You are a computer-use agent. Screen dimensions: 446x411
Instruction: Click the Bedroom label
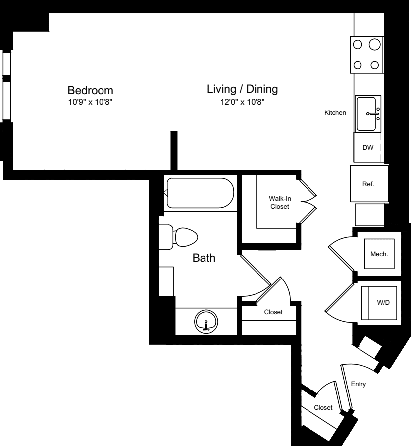90,91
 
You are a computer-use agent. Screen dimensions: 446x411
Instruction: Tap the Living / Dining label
242,89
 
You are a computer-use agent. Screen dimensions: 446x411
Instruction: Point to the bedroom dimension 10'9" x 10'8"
90,102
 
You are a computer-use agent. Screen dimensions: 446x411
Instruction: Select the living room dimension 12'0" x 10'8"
242,102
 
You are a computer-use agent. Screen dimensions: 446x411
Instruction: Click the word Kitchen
335,113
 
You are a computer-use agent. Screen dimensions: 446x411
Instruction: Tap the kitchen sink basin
367,114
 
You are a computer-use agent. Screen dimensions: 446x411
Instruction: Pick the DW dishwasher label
367,148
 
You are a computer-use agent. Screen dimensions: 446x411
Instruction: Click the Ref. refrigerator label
368,184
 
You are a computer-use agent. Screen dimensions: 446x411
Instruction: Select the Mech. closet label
379,254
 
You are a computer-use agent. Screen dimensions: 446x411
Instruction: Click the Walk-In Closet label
279,202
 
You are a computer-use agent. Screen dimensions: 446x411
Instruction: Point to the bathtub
200,193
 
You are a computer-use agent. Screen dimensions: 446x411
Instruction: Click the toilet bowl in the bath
185,237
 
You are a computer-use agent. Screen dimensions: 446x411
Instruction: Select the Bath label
204,258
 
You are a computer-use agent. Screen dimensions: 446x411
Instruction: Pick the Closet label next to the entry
323,407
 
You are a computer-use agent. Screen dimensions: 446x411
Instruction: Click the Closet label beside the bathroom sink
273,312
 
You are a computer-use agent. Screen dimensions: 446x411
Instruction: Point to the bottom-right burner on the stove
375,64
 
